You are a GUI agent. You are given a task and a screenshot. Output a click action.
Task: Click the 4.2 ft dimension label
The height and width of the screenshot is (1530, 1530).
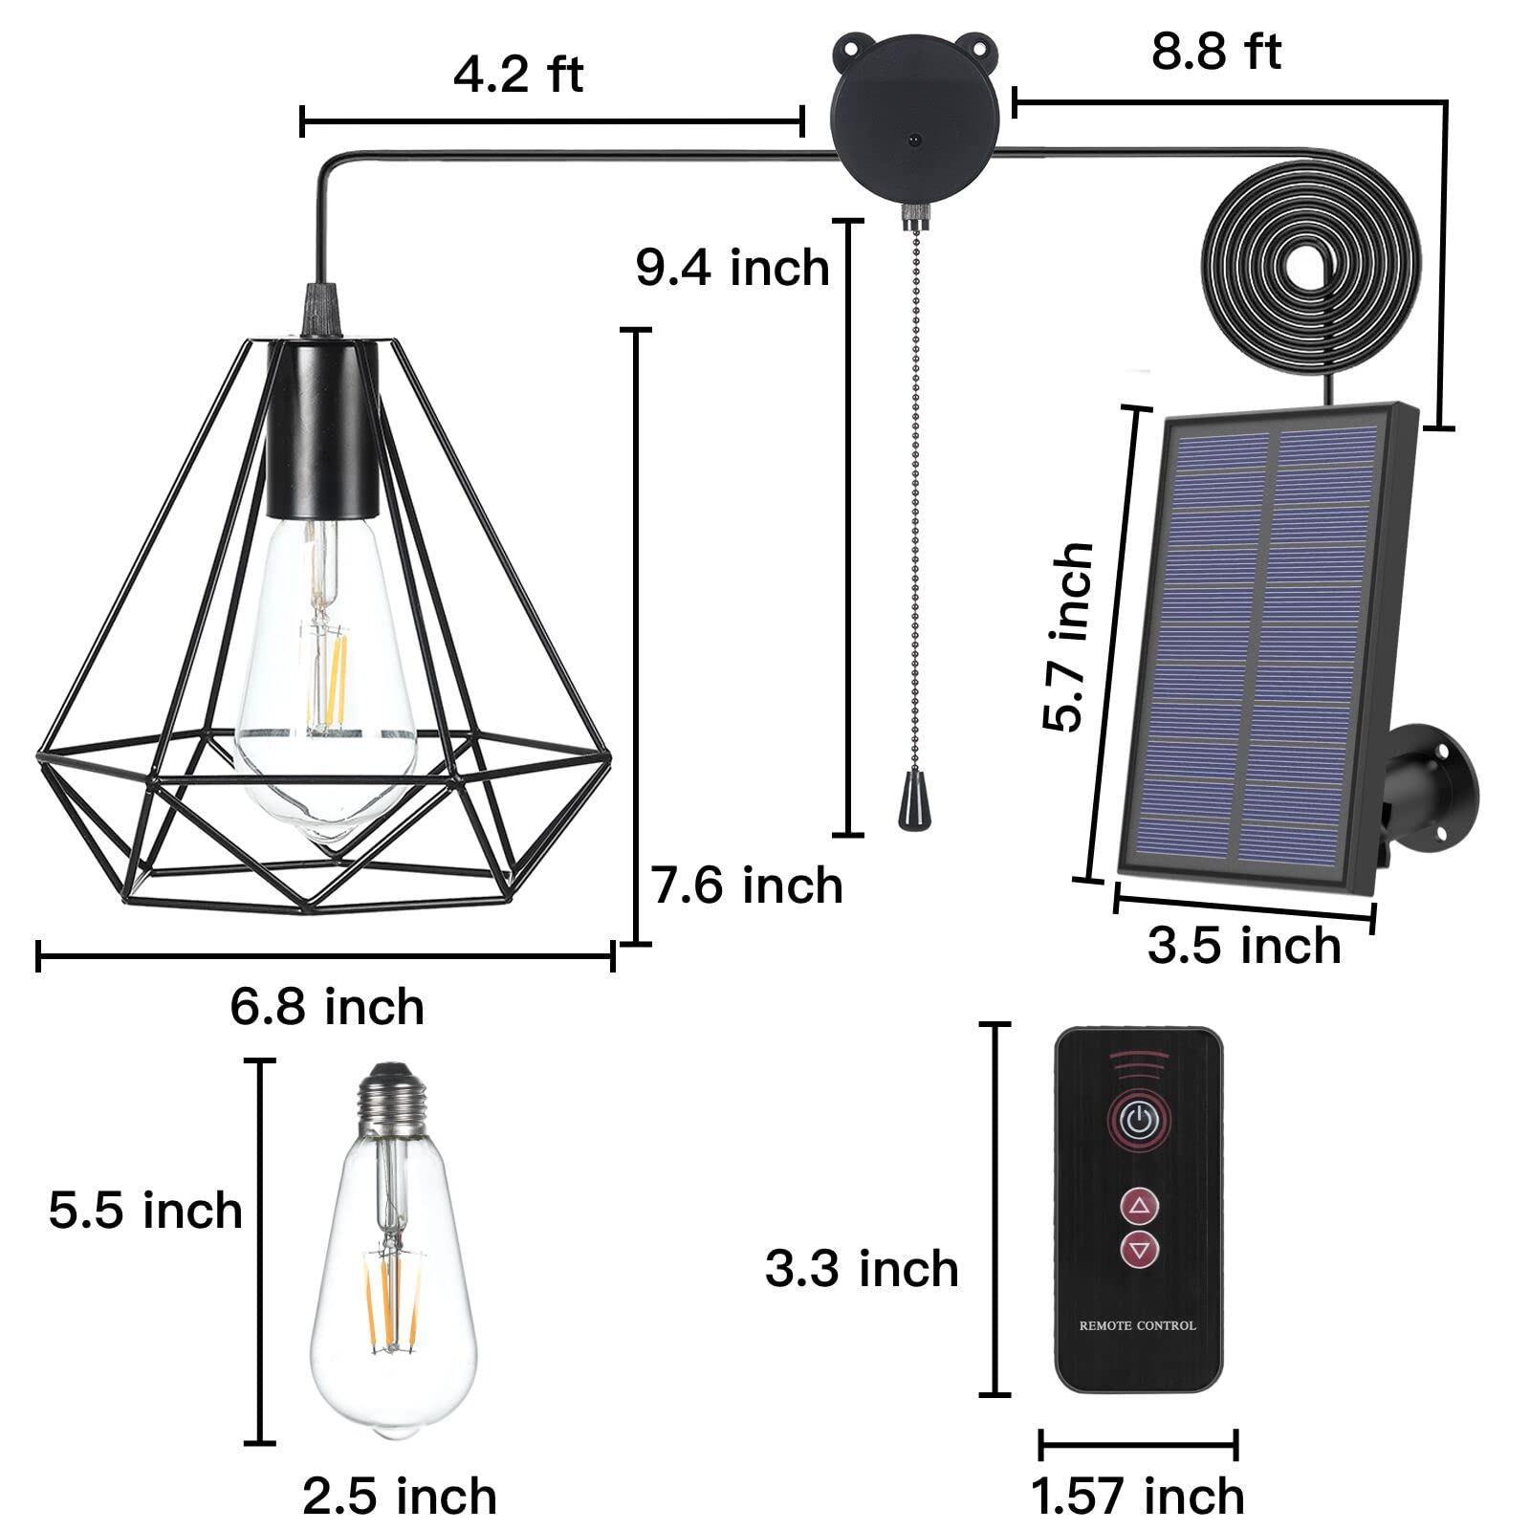pos(517,75)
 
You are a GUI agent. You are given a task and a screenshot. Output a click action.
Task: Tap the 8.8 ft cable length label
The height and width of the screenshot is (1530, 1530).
pos(1215,51)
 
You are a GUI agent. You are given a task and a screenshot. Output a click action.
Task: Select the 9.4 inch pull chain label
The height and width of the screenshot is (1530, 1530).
pos(732,267)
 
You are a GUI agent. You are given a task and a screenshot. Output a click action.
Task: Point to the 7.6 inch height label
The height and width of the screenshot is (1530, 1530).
pos(747,885)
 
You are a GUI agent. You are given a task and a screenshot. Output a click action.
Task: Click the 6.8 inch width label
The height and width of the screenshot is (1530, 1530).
pos(327,1007)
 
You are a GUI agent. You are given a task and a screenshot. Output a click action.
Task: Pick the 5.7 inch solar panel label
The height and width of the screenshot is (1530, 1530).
pos(1068,637)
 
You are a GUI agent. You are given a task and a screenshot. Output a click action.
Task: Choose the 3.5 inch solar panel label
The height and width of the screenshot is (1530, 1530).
pos(1244,945)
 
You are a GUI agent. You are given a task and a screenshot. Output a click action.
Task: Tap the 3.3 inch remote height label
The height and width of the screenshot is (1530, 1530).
pos(862,1269)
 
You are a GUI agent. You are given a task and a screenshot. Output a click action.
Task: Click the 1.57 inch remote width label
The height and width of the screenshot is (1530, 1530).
pos(1138,1497)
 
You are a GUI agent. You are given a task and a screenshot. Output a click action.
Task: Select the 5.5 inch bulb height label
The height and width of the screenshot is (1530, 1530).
pos(145,1211)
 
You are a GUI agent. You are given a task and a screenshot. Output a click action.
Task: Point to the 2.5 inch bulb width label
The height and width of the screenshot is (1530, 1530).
pos(400,1497)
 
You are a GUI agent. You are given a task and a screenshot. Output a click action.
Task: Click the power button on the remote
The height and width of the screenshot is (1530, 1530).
pos(1138,1119)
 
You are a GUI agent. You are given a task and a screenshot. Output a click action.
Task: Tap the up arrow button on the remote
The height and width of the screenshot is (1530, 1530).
pos(1139,1207)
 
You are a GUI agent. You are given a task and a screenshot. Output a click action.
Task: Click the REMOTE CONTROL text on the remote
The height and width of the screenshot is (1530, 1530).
pos(1137,1325)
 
